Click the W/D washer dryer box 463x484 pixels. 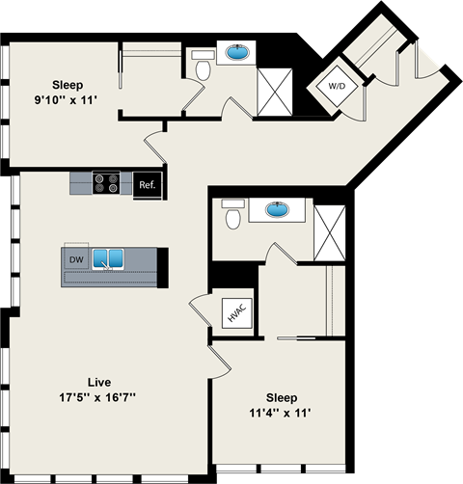pyautogui.click(x=335, y=85)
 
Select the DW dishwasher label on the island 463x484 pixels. pyautogui.click(x=76, y=259)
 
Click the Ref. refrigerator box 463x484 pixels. pyautogui.click(x=147, y=184)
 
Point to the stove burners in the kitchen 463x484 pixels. pyautogui.click(x=105, y=182)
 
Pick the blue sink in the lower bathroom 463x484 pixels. pyautogui.click(x=280, y=208)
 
